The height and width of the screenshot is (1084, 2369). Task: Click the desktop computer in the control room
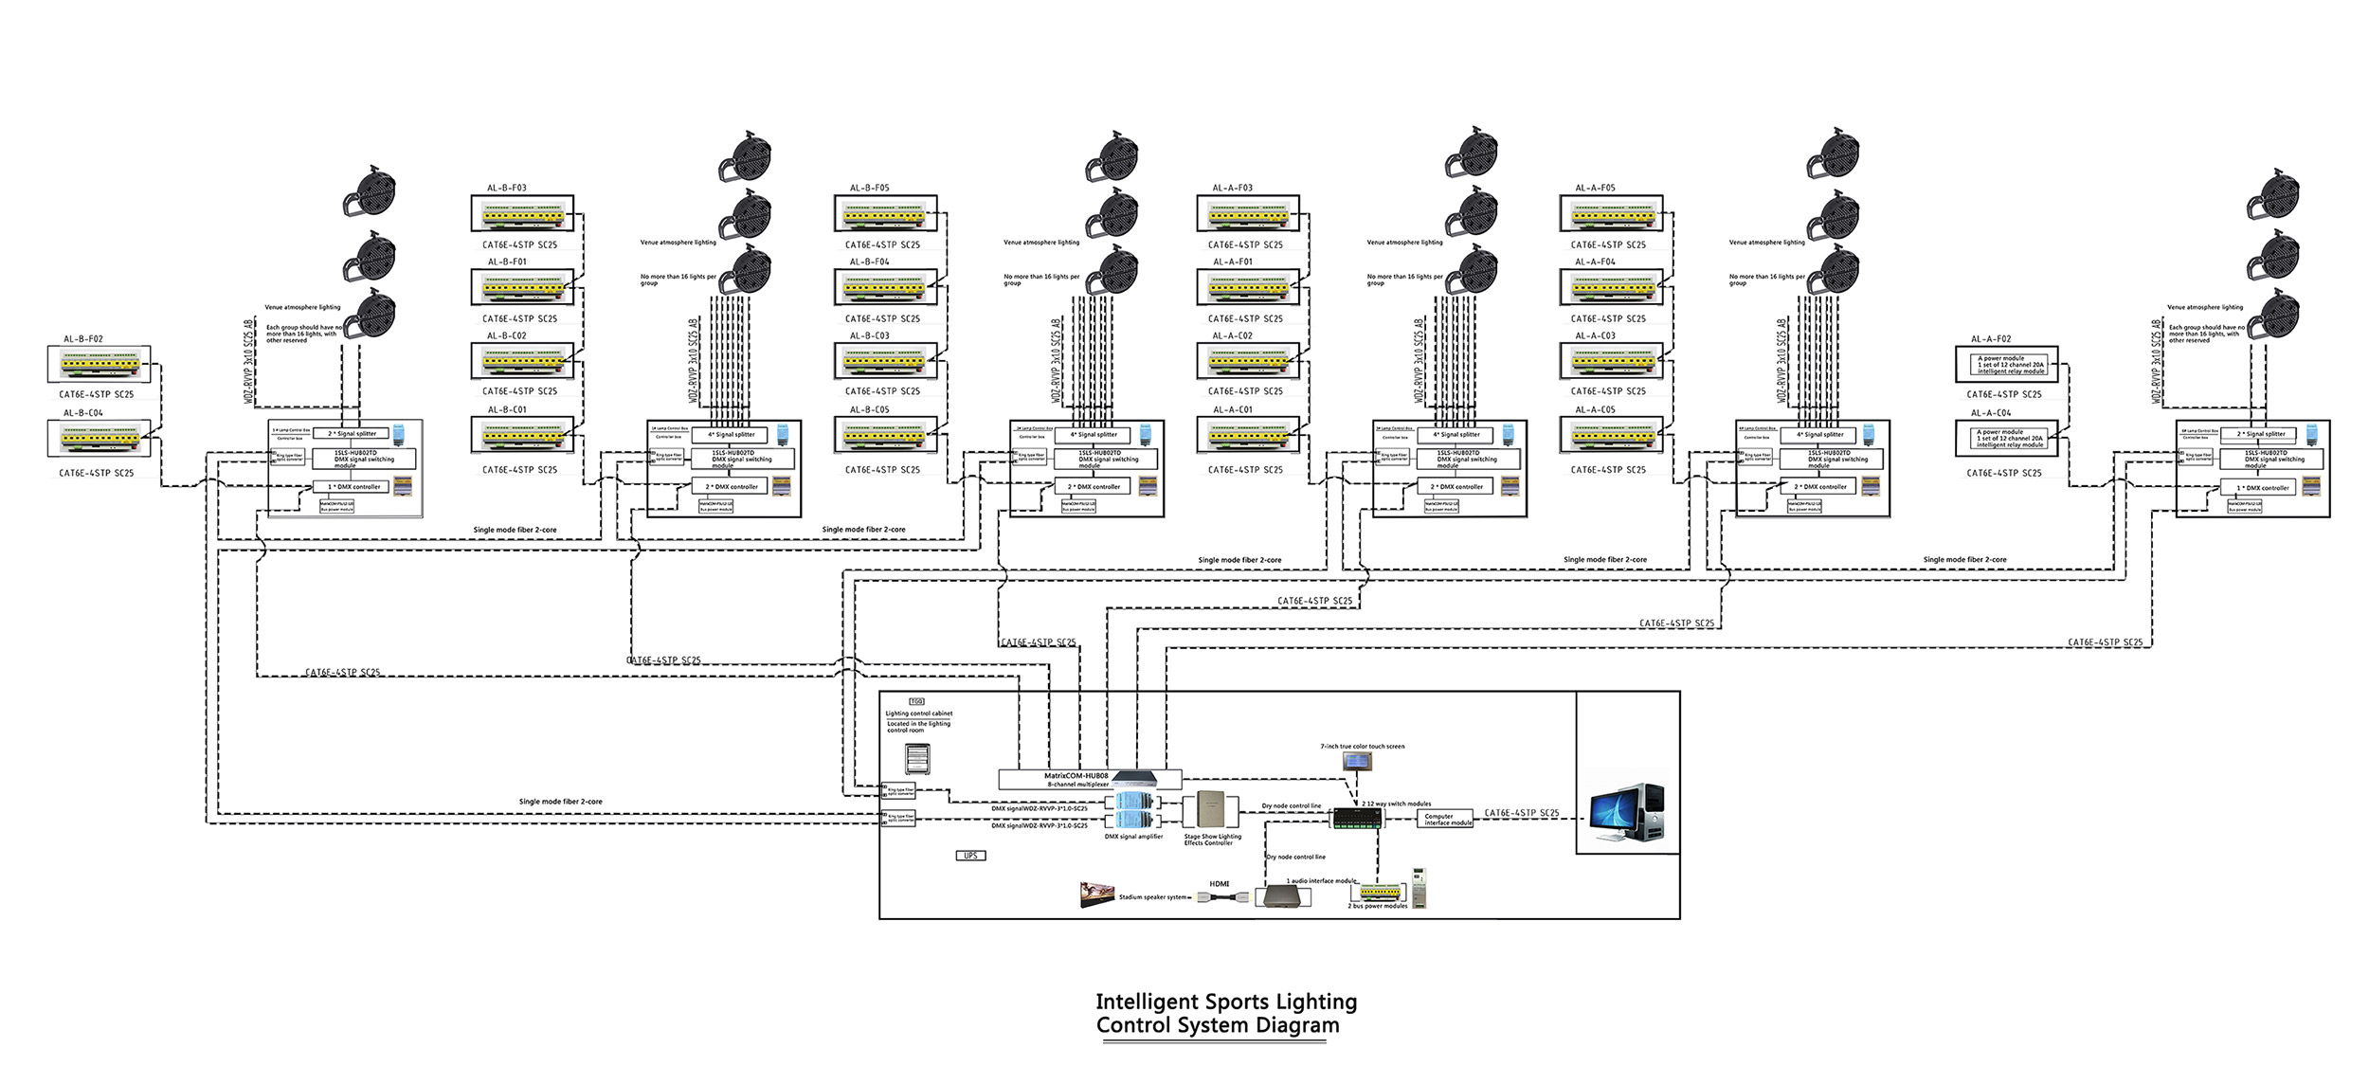coord(1626,812)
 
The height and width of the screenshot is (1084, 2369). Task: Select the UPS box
coord(970,856)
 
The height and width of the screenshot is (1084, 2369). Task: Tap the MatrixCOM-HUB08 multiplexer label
coord(1076,776)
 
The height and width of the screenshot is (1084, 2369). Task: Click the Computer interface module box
coord(1448,819)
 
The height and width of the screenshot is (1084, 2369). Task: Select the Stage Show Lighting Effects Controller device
coord(1210,810)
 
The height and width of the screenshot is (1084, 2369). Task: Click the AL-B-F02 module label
coord(83,338)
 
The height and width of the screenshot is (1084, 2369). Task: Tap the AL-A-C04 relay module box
coord(2006,439)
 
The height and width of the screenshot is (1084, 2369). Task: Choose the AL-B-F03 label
coord(507,188)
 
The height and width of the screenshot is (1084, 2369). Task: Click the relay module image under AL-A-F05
coord(1610,215)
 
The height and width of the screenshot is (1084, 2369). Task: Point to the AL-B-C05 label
coord(869,409)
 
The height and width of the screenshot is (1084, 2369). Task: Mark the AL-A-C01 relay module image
coord(1246,436)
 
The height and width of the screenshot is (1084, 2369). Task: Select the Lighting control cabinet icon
coord(917,759)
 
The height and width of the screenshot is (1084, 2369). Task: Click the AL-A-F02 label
coord(1991,338)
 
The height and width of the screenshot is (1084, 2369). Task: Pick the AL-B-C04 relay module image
coord(99,438)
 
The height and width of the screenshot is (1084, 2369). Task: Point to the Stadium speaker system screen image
coord(1096,894)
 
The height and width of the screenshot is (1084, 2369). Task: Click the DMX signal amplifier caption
coord(1133,837)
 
